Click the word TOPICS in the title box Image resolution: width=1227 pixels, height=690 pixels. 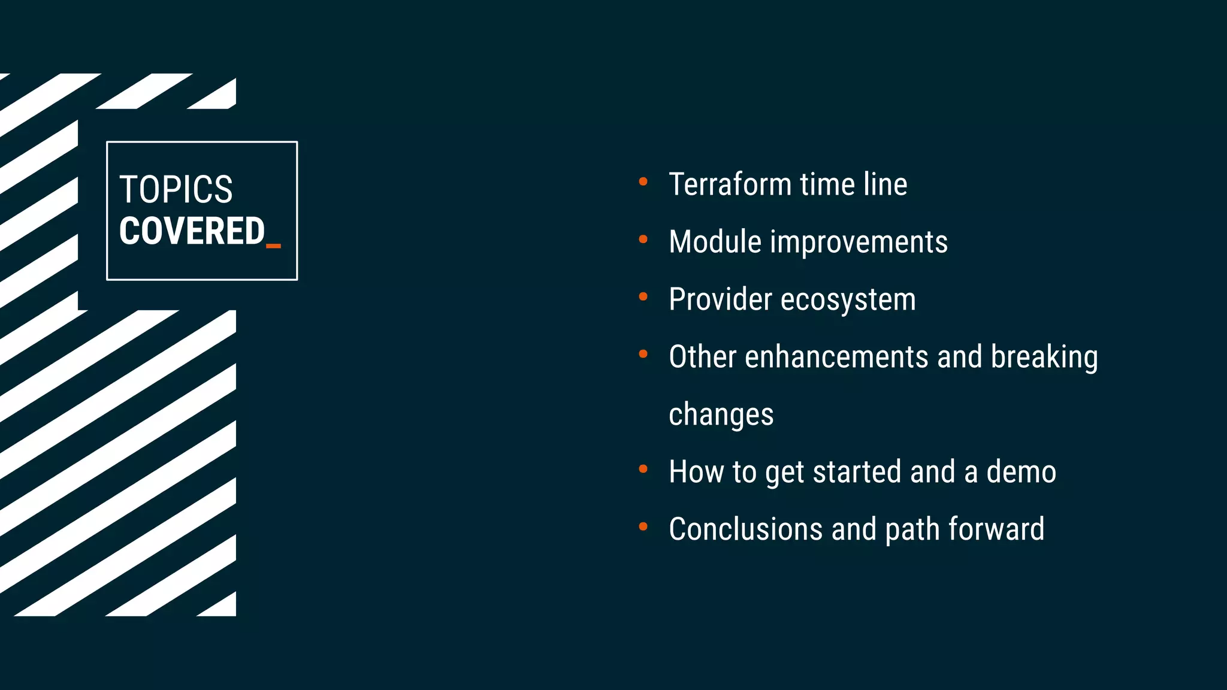[x=176, y=189]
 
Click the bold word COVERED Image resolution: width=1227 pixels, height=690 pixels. [x=192, y=231]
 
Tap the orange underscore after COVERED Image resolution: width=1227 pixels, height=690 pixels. [x=273, y=245]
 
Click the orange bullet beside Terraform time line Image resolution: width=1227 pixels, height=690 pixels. [x=643, y=181]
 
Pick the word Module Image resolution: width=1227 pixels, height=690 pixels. [x=715, y=242]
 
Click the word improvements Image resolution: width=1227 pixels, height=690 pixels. [x=859, y=242]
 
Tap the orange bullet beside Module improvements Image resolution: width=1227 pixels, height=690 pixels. [x=643, y=239]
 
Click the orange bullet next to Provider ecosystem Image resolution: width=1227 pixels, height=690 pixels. [x=643, y=296]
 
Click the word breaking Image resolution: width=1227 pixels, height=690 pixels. [x=1044, y=358]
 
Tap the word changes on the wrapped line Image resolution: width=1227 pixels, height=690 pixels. [x=721, y=415]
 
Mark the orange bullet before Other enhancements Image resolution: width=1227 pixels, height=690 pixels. [x=643, y=354]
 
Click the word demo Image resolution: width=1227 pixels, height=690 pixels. [x=1021, y=472]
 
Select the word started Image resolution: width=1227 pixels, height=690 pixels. [x=857, y=472]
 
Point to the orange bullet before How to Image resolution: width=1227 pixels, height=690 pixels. [x=643, y=469]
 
